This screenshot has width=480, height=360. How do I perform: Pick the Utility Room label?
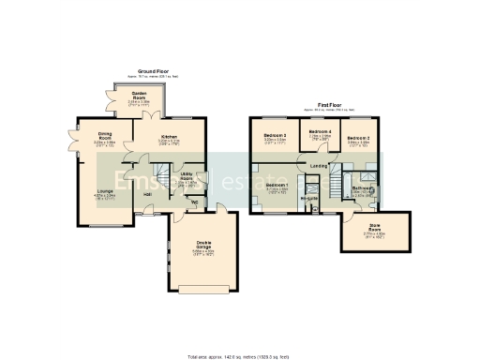click(x=187, y=175)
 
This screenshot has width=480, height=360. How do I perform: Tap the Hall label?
click(x=148, y=194)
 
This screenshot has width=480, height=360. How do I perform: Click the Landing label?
click(x=318, y=166)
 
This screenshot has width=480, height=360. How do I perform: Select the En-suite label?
click(x=309, y=198)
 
